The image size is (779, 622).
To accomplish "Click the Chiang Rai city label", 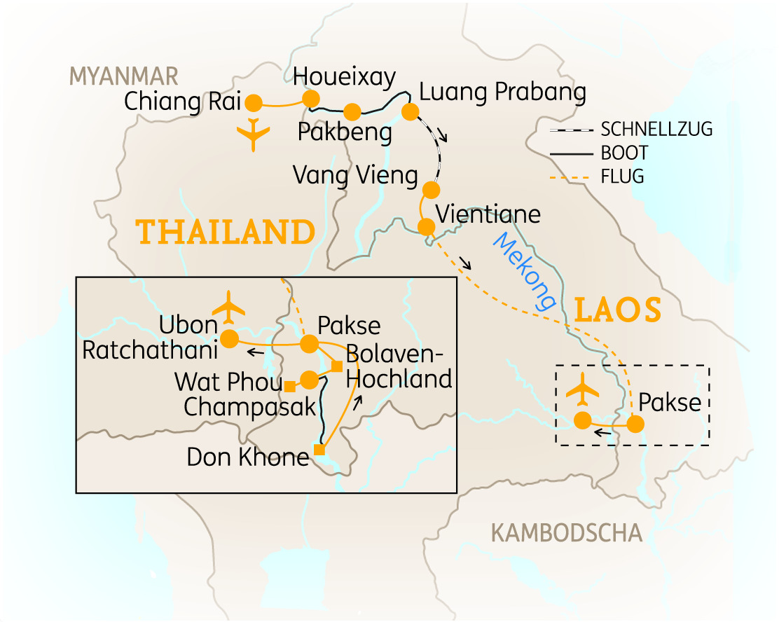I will (182, 102).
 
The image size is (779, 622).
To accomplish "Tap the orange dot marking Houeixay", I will (310, 99).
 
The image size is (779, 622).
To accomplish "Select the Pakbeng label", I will (344, 132).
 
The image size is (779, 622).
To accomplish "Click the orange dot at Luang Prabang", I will (410, 111).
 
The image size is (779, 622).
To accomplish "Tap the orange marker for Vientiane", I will (426, 227).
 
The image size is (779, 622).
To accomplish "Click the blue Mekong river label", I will (525, 272).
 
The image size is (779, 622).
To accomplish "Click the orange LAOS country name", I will (617, 310).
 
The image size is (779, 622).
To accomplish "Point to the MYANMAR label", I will (123, 76).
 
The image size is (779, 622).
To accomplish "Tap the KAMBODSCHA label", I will (567, 533).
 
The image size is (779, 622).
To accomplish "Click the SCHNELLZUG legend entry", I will (656, 130).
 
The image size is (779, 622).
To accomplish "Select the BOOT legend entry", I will (624, 153).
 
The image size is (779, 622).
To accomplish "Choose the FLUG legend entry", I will (622, 177).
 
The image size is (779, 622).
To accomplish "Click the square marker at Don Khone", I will (319, 450).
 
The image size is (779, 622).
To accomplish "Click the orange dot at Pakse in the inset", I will (310, 344).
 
